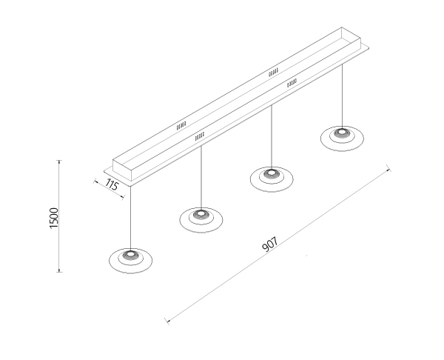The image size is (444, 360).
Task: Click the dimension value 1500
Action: point(53,218)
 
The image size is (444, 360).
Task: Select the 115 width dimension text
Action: point(112,185)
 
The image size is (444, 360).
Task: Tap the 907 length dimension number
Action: point(270,244)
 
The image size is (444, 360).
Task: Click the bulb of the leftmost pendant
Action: point(130,253)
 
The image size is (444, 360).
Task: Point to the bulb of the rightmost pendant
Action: point(342,132)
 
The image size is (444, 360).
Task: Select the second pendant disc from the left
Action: point(201,220)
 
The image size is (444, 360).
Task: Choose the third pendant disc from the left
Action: point(272,179)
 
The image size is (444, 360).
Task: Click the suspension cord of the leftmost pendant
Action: point(130,218)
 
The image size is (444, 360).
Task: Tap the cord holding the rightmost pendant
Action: point(342,96)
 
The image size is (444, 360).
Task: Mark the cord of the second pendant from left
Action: point(201,177)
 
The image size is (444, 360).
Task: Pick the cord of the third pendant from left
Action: point(272,136)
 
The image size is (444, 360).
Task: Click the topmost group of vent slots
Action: point(273,73)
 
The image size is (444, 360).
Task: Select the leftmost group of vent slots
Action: point(181,126)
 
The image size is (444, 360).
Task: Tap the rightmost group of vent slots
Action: point(292,83)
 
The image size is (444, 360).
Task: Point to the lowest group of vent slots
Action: point(200,136)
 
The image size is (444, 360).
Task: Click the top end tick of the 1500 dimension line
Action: point(59,161)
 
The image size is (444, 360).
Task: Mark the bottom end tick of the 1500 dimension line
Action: point(59,272)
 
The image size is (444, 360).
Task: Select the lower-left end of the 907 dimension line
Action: point(167,321)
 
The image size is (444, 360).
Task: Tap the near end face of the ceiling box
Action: point(123,170)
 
